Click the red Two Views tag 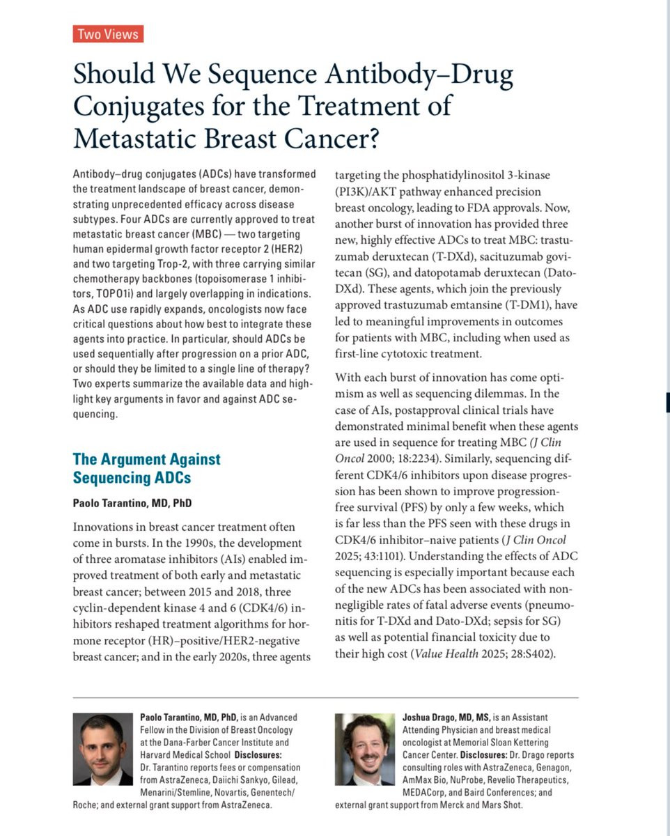point(108,33)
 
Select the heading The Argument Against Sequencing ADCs point(146,468)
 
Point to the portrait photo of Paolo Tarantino point(102,750)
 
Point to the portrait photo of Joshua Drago point(364,750)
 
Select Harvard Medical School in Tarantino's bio point(181,754)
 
